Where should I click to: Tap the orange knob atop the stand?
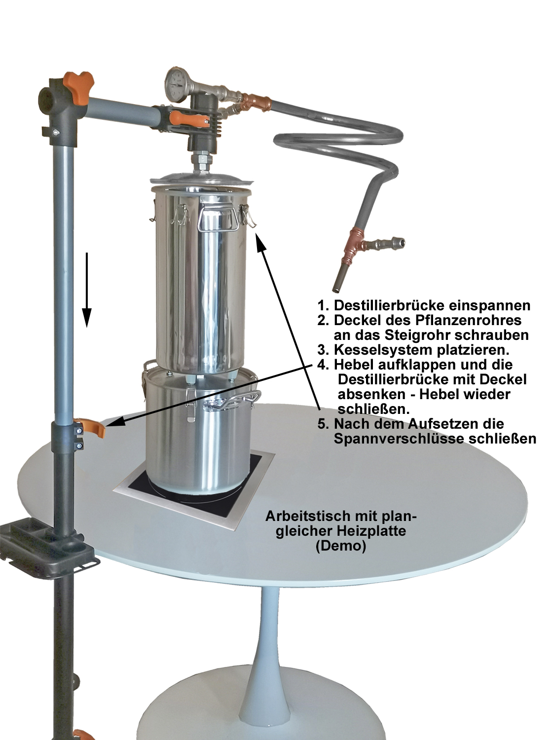point(79,85)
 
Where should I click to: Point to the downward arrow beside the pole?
point(87,290)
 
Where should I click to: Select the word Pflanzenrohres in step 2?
point(468,320)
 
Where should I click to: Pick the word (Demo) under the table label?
point(341,546)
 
